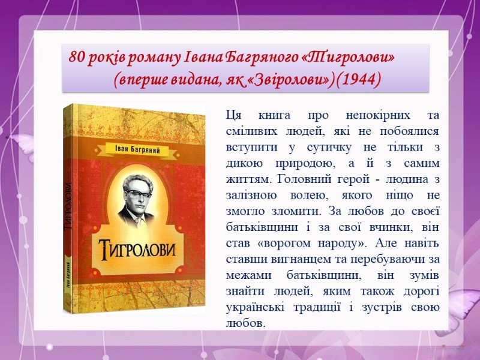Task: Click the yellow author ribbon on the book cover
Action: tap(137, 151)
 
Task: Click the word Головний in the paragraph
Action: tap(301, 179)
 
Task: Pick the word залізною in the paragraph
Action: tap(251, 196)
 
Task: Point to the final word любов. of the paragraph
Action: tap(245, 323)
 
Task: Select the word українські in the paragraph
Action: tap(255, 307)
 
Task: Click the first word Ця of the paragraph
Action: tap(233, 116)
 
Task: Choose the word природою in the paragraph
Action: tap(305, 163)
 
